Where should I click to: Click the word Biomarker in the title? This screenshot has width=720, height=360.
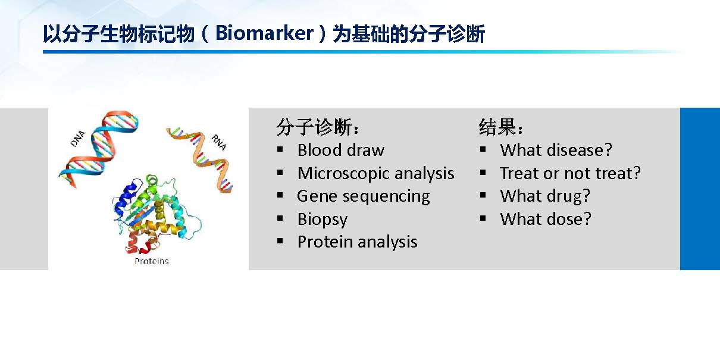pyautogui.click(x=264, y=33)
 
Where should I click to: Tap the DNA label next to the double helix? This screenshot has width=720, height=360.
pyautogui.click(x=78, y=139)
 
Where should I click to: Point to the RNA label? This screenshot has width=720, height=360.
pyautogui.click(x=219, y=142)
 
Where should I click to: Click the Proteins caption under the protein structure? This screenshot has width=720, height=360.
pyautogui.click(x=151, y=261)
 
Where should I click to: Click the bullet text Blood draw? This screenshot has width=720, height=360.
pyautogui.click(x=341, y=150)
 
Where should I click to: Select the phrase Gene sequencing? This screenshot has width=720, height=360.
pyautogui.click(x=363, y=196)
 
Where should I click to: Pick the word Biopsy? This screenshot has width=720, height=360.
pyautogui.click(x=323, y=220)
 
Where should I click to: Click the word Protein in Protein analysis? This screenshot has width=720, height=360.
pyautogui.click(x=325, y=242)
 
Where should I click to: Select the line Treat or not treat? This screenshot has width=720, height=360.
pyautogui.click(x=571, y=173)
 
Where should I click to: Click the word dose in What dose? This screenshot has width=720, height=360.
pyautogui.click(x=569, y=219)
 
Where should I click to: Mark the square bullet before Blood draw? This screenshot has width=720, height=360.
pyautogui.click(x=280, y=149)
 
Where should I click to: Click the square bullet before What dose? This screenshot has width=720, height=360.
pyautogui.click(x=483, y=218)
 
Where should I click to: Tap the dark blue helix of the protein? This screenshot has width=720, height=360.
pyautogui.click(x=126, y=200)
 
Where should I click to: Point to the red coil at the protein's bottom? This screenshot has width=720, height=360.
pyautogui.click(x=141, y=245)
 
